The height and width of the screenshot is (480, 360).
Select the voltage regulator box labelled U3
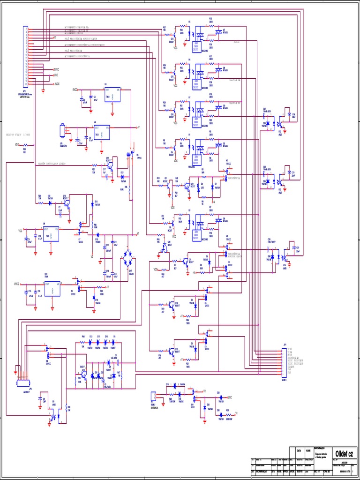click(x=112, y=95)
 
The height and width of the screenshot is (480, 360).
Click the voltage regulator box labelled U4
click(x=102, y=131)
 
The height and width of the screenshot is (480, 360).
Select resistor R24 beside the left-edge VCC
click(x=24, y=145)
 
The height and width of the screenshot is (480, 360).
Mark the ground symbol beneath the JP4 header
click(x=43, y=89)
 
